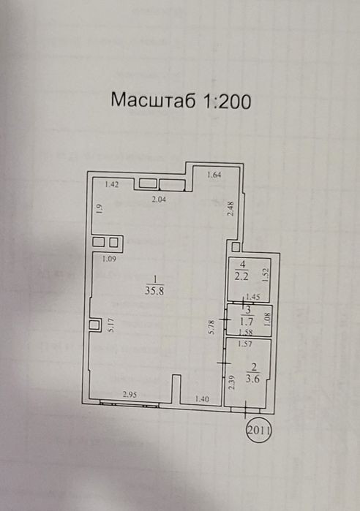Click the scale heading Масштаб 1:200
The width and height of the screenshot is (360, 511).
point(181,100)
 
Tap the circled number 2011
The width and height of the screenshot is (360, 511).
point(259,431)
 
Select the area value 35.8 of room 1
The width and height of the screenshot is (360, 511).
point(154,291)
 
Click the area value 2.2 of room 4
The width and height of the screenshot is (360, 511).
point(242,276)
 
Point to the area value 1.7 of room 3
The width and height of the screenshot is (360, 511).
point(247,322)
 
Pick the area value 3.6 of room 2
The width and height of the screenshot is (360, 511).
point(253,379)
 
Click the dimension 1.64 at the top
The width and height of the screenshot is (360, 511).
point(214,175)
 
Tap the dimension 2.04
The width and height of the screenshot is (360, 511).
point(159,200)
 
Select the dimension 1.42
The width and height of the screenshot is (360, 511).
point(111,184)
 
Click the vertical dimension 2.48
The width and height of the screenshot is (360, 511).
point(230,208)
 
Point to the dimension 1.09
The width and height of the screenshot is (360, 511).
point(109,260)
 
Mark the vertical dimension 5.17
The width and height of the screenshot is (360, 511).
point(111,325)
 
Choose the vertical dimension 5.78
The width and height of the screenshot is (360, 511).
point(211,327)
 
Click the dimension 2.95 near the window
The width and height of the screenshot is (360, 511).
point(130,395)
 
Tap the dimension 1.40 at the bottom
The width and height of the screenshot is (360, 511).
point(202,398)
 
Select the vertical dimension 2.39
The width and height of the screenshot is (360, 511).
point(231,382)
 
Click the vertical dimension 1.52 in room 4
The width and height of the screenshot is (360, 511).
point(265,275)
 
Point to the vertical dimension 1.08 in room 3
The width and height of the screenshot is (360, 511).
point(267,319)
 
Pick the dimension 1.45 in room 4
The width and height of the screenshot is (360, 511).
point(252,297)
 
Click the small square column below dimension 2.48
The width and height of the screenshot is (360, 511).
point(236,246)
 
